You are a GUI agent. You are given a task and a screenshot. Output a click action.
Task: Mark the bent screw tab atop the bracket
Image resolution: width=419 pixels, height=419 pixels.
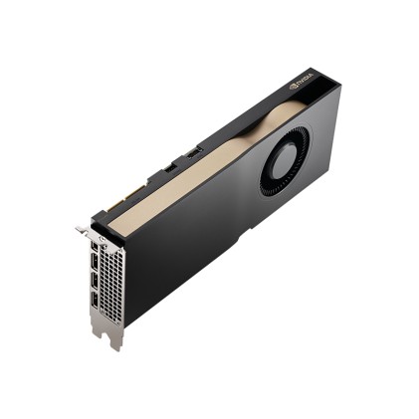tap(81, 231)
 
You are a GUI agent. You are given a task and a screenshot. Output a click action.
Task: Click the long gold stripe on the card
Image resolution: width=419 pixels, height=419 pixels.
tap(199, 169)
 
